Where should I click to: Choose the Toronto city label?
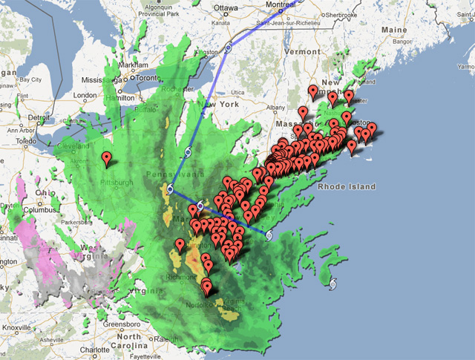point(148,78)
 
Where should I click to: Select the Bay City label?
point(29,79)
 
